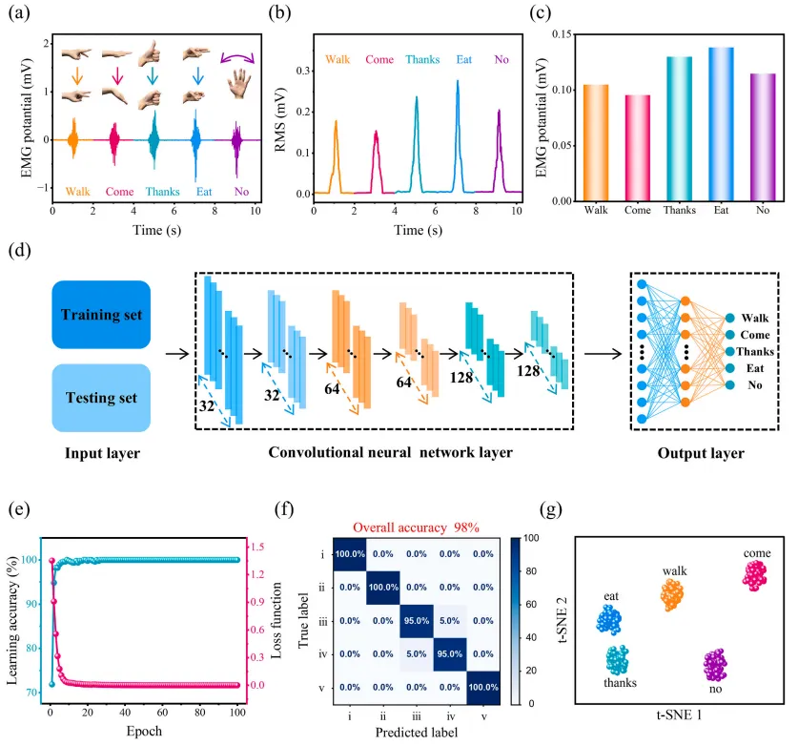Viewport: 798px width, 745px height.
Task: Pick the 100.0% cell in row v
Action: click(483, 686)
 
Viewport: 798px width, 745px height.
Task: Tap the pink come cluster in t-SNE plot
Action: click(755, 573)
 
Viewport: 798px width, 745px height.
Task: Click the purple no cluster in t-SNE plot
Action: click(714, 664)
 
